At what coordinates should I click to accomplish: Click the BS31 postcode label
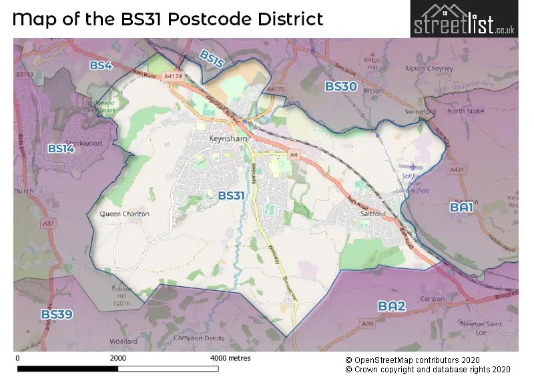pos(232,196)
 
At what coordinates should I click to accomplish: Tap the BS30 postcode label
pos(340,86)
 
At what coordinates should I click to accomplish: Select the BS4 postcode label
pos(101,65)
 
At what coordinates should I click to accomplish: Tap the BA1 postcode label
pos(461,208)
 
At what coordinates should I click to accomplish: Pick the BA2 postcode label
pos(391,306)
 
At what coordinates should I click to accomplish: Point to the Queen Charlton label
pos(124,214)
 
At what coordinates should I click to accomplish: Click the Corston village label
pos(433,300)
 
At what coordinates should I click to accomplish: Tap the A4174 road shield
pos(173,77)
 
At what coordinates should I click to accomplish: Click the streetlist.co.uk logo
pos(463,20)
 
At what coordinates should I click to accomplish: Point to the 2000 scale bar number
pos(117,358)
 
